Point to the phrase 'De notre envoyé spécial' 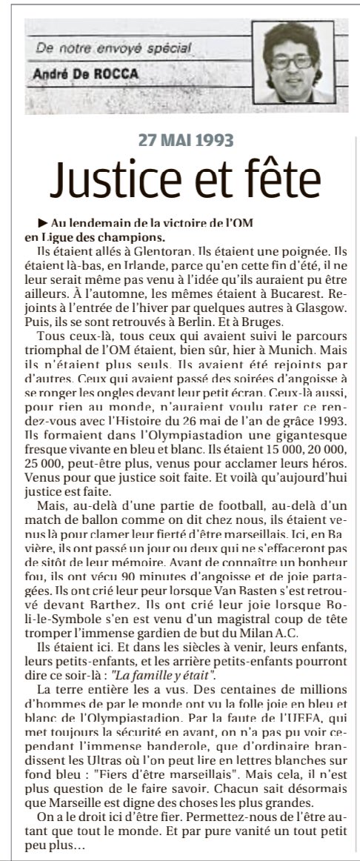point(103,50)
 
